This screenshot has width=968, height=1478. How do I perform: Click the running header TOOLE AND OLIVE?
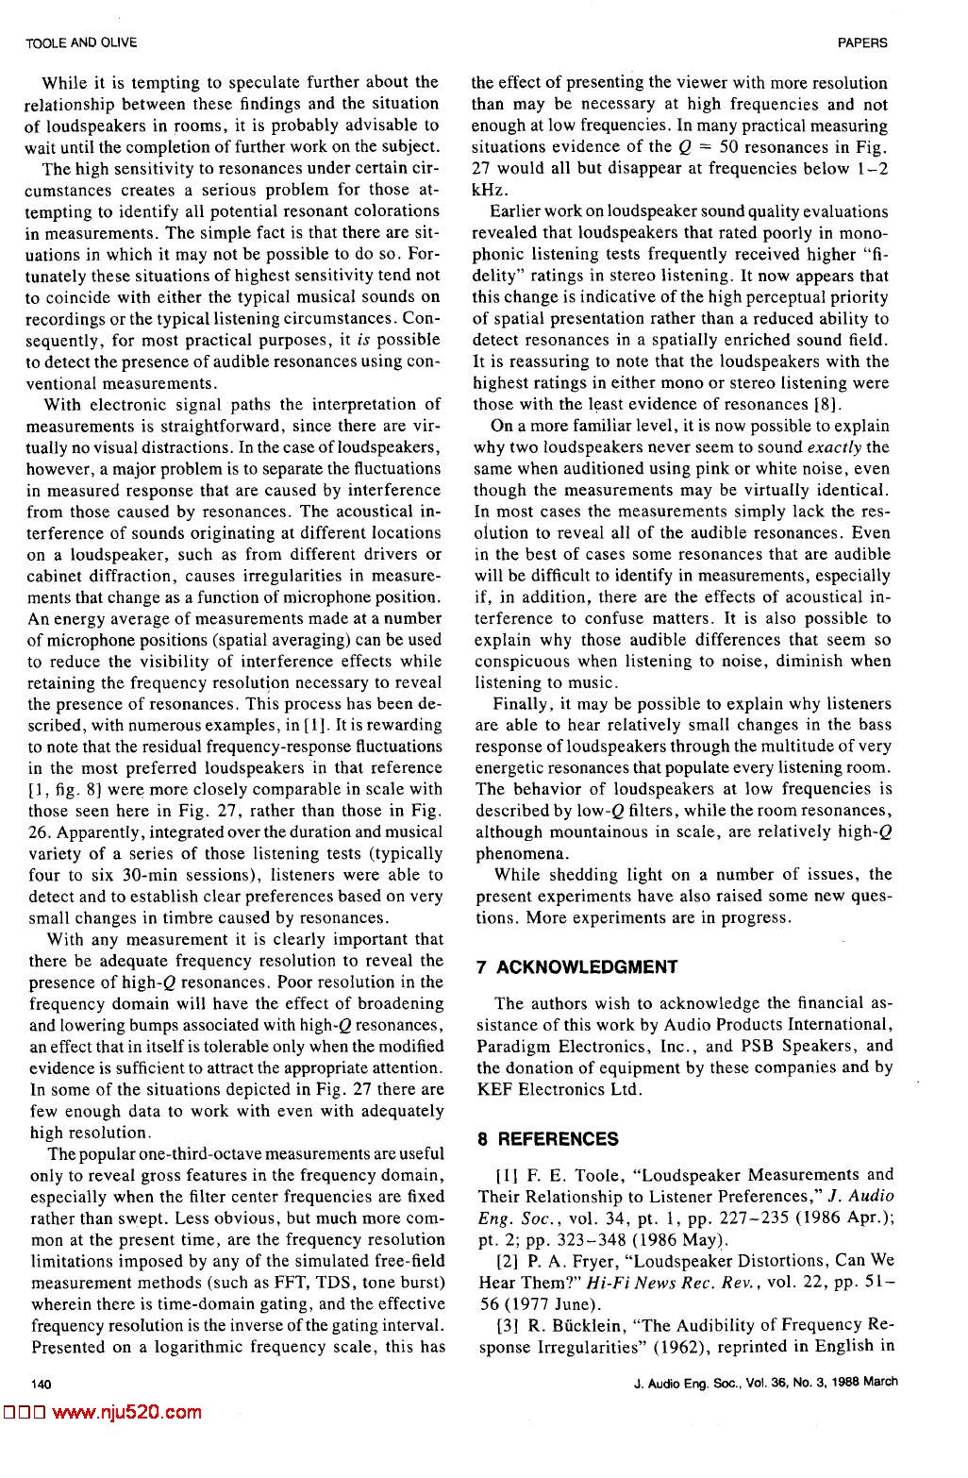pos(81,42)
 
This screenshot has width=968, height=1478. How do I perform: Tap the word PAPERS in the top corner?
pos(862,42)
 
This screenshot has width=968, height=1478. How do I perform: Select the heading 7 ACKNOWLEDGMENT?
pos(577,966)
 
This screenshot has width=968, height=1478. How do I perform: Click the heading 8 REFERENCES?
pos(548,1139)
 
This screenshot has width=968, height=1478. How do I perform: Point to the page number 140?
pos(40,1383)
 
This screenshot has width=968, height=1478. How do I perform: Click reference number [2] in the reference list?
pos(504,1261)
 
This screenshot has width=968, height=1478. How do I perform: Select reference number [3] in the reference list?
pos(504,1325)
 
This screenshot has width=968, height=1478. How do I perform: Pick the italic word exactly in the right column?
pos(834,447)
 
